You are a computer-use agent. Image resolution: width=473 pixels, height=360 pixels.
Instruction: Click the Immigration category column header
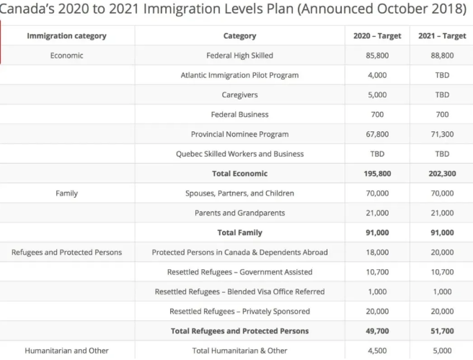66,36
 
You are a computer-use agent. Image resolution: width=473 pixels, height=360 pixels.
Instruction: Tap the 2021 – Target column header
442,36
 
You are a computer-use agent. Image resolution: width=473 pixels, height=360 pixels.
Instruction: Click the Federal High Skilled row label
239,56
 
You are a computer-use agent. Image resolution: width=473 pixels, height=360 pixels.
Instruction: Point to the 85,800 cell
377,56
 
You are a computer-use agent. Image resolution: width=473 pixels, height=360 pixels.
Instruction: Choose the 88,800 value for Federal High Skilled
442,56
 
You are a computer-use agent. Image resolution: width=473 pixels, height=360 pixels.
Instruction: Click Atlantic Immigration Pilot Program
239,75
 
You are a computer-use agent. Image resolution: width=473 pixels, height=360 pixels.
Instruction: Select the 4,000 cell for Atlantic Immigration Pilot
377,75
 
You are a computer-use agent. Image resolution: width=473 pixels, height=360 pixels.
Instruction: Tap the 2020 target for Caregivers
377,95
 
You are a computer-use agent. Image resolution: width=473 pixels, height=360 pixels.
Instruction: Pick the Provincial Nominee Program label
239,134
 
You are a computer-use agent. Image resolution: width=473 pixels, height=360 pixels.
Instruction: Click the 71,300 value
442,134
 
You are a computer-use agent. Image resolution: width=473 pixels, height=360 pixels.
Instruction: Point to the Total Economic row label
239,173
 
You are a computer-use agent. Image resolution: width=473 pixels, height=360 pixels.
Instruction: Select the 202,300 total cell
442,173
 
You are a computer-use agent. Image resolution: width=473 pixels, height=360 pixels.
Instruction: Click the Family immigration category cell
66,193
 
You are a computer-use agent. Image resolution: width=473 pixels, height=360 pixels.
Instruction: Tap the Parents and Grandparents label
239,213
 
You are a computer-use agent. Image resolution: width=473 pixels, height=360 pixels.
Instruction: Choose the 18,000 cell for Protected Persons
377,253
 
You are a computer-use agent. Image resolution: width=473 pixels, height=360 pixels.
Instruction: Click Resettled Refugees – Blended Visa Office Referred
239,291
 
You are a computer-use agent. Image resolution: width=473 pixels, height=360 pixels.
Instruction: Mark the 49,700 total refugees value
377,331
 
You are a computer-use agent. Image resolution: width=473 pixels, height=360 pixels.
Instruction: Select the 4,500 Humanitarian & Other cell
377,351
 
